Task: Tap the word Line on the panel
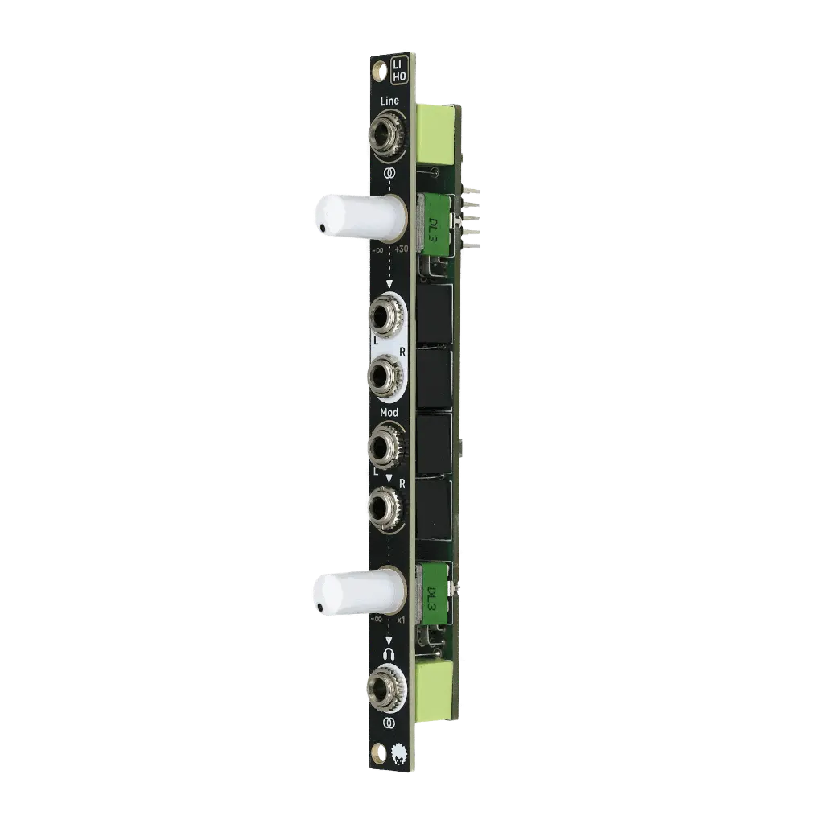(x=390, y=101)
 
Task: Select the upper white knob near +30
(x=358, y=216)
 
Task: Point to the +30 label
(x=402, y=249)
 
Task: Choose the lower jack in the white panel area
(x=388, y=376)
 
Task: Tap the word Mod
(x=389, y=412)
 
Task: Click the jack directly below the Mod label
(x=387, y=447)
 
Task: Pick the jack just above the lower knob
(x=388, y=505)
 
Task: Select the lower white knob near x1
(x=356, y=591)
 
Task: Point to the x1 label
(x=402, y=620)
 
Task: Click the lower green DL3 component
(x=433, y=595)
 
